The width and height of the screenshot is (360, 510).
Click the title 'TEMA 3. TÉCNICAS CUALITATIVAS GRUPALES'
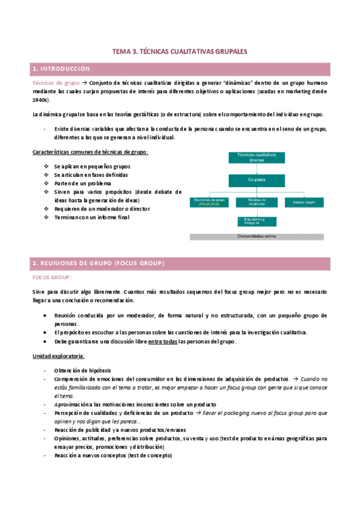tap(180, 52)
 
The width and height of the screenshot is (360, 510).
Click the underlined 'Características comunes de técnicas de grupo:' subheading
tap(90, 152)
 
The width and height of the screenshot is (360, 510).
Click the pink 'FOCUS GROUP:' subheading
tap(51, 277)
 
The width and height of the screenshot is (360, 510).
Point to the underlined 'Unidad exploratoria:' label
tap(58, 356)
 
